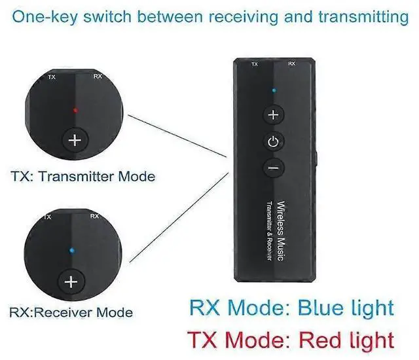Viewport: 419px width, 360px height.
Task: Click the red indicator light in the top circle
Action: [x=75, y=111]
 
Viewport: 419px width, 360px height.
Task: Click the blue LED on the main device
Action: [x=274, y=90]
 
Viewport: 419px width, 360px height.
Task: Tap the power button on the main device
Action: [x=274, y=141]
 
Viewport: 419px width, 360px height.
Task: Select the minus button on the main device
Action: [x=274, y=168]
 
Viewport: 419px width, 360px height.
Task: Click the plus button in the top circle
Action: [x=75, y=139]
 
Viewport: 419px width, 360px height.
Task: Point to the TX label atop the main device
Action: [x=255, y=64]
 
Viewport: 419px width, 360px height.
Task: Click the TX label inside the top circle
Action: [x=52, y=77]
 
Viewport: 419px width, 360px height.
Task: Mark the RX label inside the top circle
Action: [x=98, y=77]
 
